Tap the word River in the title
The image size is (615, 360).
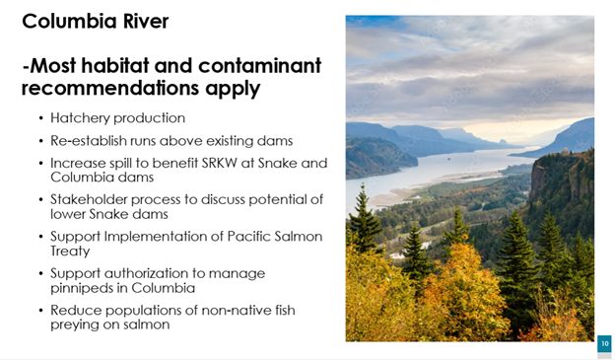[146, 21]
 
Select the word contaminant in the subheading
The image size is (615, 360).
[259, 65]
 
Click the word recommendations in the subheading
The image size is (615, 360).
[110, 88]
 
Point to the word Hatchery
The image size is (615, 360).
[80, 118]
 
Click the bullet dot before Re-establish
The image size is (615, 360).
[41, 141]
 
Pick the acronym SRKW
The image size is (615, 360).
[219, 163]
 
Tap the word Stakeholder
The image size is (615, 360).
[89, 199]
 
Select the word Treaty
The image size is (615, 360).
[70, 252]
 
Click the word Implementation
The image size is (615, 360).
[164, 237]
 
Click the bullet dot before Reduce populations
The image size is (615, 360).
[41, 310]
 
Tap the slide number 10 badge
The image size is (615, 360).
[604, 344]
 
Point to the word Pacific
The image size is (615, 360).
[248, 237]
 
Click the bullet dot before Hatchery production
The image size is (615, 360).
[41, 118]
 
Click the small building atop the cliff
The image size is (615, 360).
[565, 152]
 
